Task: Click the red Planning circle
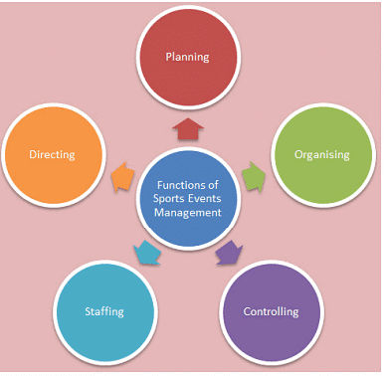(187, 57)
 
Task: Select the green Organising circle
(321, 155)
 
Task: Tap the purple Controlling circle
(271, 311)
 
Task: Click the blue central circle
(187, 197)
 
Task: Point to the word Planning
(187, 57)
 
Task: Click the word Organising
(321, 155)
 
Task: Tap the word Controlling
(271, 311)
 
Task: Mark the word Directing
(53, 155)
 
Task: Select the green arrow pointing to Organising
(253, 176)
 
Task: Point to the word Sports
(166, 197)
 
